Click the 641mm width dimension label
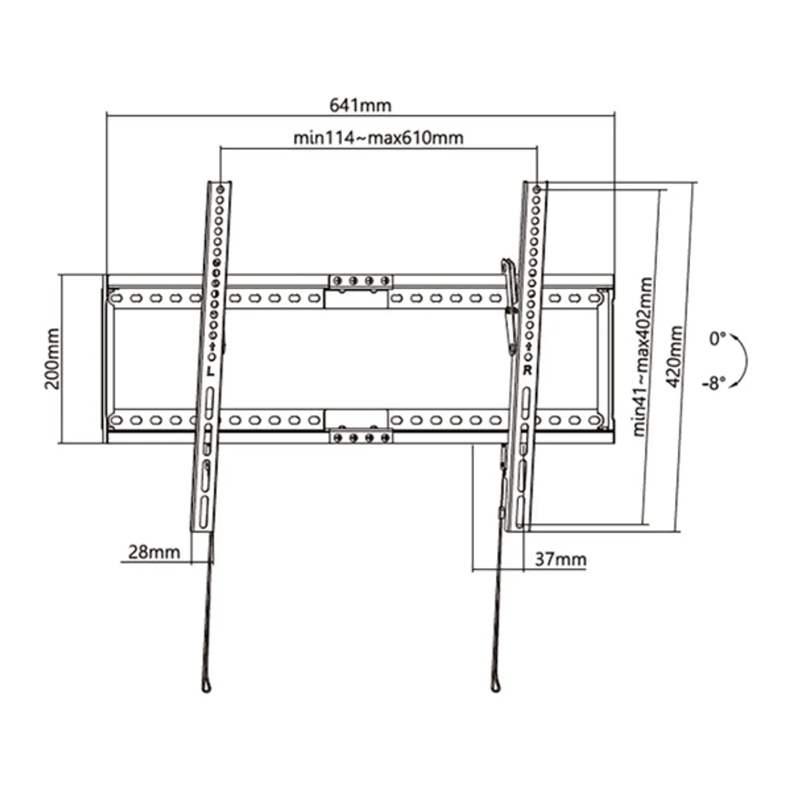point(359,105)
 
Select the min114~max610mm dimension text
point(378,138)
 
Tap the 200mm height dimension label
point(53,359)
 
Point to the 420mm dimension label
point(675,356)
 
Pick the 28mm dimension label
point(153,552)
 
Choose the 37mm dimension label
point(560,560)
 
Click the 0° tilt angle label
point(717,339)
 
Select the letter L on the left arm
point(210,371)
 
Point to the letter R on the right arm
point(527,370)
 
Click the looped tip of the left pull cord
point(207,686)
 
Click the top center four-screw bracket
point(360,281)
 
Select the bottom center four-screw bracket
point(360,436)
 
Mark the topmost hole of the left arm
point(220,190)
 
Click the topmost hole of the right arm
point(537,190)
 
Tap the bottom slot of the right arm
point(521,512)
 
